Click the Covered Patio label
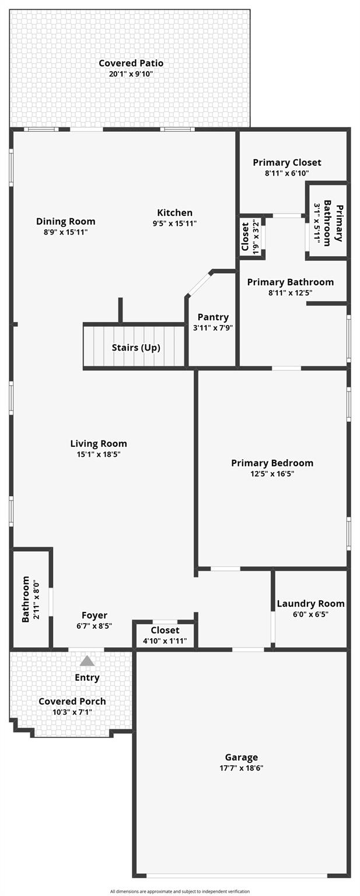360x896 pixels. [131, 63]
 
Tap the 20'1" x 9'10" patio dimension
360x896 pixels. [131, 74]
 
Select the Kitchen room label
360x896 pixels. [174, 212]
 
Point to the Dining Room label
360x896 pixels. [65, 221]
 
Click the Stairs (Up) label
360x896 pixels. [136, 348]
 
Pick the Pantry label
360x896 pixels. [213, 317]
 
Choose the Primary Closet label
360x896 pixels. [286, 162]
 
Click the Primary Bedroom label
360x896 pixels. [272, 463]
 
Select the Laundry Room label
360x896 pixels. [310, 603]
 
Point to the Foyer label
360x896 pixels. [94, 615]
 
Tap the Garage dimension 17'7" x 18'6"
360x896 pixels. [241, 768]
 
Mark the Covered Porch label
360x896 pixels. [72, 701]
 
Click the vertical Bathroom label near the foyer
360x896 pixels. [26, 599]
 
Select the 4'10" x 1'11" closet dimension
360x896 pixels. [165, 641]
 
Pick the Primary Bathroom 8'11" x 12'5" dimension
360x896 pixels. [290, 293]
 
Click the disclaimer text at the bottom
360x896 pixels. [180, 891]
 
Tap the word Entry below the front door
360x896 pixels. [87, 677]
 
